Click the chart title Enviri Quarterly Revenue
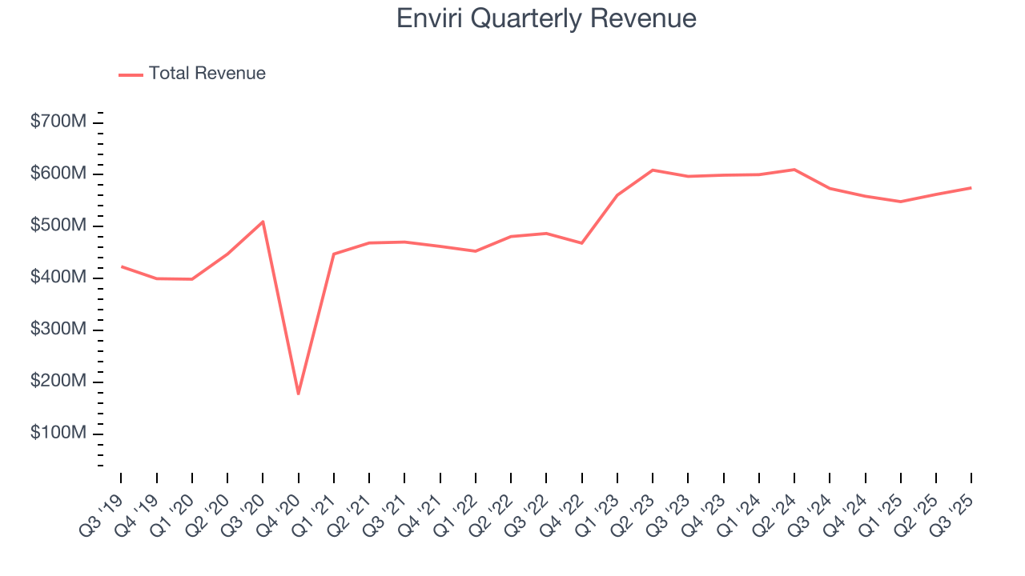[x=546, y=18]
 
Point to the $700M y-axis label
[x=59, y=122]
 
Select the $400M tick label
[x=59, y=278]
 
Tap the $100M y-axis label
[x=59, y=434]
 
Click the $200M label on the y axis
[x=59, y=382]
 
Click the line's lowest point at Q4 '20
[x=299, y=394]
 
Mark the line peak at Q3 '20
[x=263, y=222]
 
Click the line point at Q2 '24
[x=794, y=170]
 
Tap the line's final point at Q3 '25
[x=971, y=188]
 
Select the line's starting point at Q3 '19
[x=122, y=266]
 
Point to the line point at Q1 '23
[x=617, y=195]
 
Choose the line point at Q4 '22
[x=581, y=243]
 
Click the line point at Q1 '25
[x=901, y=202]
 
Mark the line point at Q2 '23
[x=653, y=170]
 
